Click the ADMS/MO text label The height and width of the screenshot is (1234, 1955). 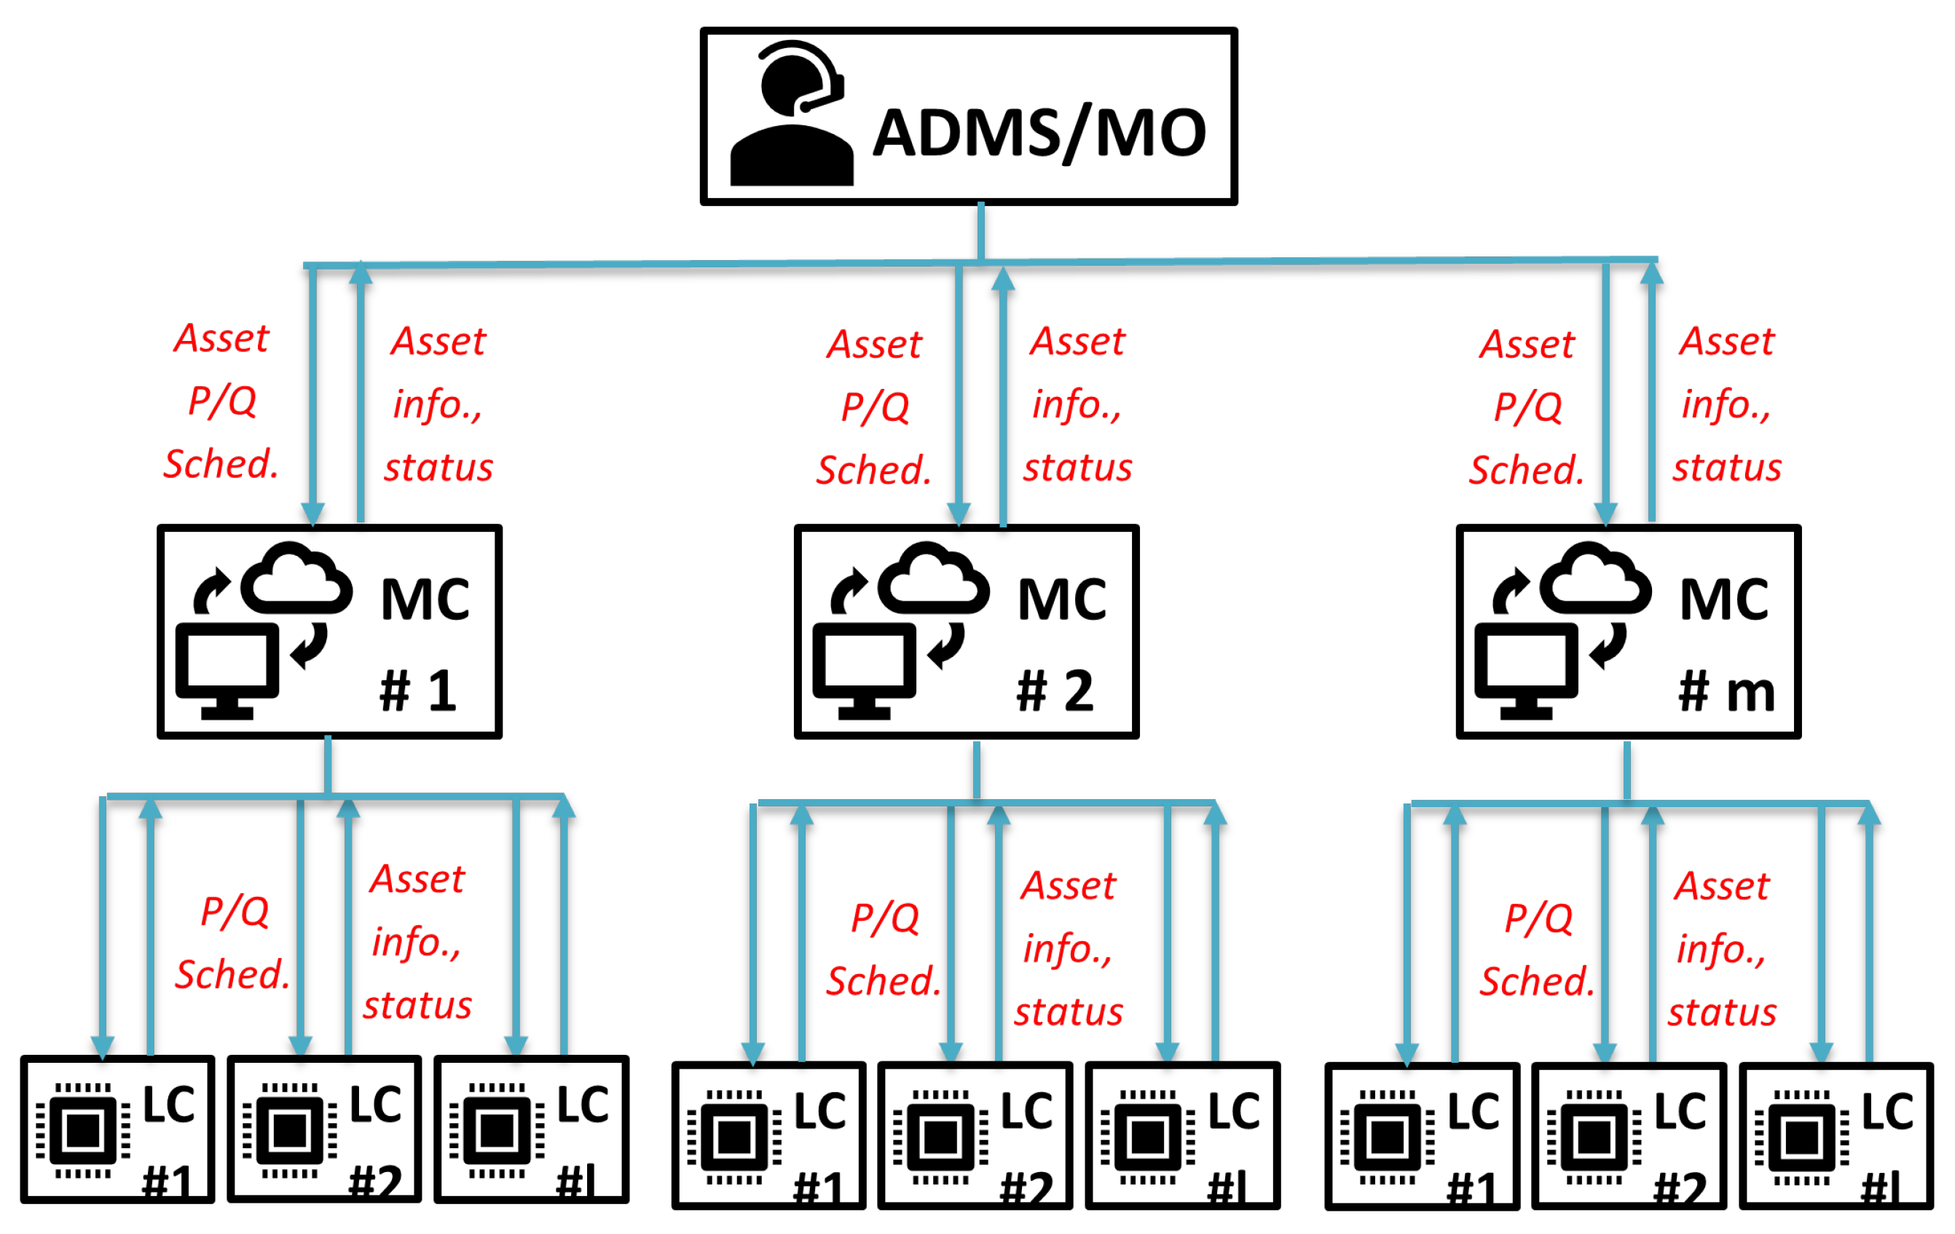[1040, 134]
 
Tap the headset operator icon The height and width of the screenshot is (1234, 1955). [792, 113]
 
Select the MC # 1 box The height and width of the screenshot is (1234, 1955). [329, 632]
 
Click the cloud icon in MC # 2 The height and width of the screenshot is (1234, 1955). [934, 581]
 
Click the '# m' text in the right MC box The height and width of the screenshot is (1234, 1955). [1726, 692]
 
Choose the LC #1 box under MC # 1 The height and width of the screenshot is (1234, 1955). [118, 1129]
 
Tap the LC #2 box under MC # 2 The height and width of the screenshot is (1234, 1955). [975, 1136]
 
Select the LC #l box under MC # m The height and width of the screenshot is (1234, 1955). [1836, 1136]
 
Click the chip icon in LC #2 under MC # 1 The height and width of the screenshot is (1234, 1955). [290, 1130]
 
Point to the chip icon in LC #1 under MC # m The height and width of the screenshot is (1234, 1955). [1387, 1137]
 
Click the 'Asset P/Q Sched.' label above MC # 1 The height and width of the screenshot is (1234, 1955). [221, 401]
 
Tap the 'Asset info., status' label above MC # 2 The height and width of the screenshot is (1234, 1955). [1077, 404]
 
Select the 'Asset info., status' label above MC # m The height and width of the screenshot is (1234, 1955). [1727, 404]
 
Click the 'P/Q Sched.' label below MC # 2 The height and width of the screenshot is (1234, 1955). [884, 949]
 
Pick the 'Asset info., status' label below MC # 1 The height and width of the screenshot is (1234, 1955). [417, 942]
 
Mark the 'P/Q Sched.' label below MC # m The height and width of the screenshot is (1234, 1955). [1537, 949]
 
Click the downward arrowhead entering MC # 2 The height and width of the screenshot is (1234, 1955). [959, 514]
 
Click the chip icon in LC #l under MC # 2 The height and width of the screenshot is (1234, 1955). [1147, 1137]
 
